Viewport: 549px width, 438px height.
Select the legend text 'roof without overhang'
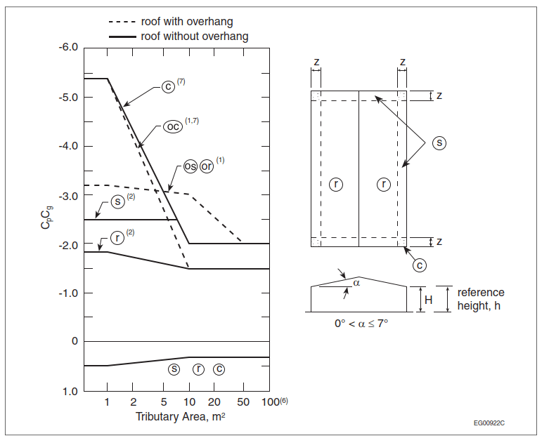coord(195,36)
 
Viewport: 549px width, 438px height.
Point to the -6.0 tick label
coord(67,48)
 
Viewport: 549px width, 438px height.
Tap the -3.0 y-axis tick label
coord(67,195)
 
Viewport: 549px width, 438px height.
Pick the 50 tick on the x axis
coord(243,401)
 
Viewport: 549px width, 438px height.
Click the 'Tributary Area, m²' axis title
coord(180,417)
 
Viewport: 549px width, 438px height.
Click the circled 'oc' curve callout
coord(172,126)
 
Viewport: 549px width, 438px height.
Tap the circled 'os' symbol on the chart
coord(190,166)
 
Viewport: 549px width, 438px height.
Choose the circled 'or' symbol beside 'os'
coord(207,166)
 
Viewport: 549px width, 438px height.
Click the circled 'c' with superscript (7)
coord(168,86)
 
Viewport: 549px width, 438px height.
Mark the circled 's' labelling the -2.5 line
coord(119,201)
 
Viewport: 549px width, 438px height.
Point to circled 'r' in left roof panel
coord(337,185)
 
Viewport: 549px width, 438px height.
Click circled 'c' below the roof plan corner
coord(419,266)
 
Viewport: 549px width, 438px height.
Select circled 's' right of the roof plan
coord(439,142)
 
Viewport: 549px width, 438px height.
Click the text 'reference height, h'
coord(481,299)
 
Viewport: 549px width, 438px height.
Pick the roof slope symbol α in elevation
coord(357,283)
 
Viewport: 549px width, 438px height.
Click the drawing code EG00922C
coord(489,423)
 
